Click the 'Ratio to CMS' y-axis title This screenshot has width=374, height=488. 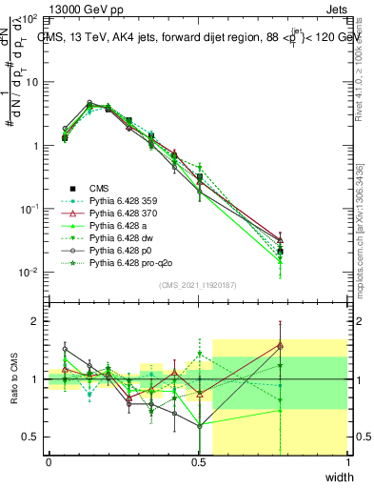(x=14, y=381)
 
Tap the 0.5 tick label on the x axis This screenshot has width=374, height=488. (x=198, y=462)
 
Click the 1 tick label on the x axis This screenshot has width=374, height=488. (x=347, y=462)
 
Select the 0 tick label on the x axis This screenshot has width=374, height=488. (x=49, y=462)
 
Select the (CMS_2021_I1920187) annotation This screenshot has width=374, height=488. (x=198, y=285)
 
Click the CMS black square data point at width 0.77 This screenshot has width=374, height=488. (x=279, y=251)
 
